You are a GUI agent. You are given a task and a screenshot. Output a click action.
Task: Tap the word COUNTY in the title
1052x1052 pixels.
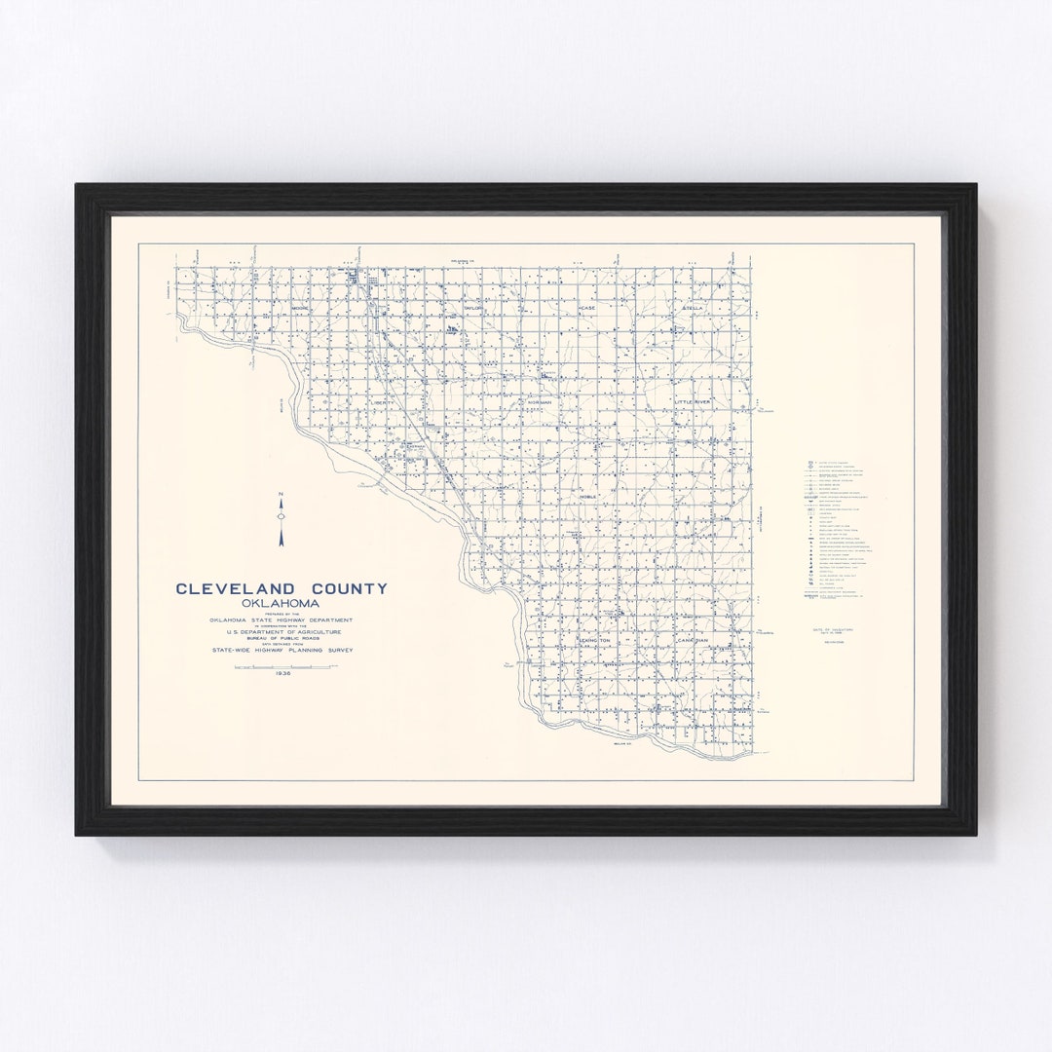click(349, 588)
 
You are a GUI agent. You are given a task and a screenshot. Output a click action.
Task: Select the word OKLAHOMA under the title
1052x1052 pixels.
click(281, 603)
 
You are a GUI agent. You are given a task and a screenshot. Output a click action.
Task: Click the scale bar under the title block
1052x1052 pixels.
click(285, 665)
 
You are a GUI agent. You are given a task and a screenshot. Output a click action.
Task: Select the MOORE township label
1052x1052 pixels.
click(299, 308)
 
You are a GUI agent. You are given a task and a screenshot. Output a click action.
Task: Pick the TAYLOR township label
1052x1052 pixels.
click(473, 308)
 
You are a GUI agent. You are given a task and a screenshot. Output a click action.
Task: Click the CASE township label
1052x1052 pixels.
click(586, 308)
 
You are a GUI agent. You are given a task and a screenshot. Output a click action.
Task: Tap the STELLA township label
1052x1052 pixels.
click(693, 308)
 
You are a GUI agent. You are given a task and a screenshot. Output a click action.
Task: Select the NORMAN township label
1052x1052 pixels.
click(540, 401)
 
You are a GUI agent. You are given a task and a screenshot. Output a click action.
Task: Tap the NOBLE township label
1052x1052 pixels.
click(587, 497)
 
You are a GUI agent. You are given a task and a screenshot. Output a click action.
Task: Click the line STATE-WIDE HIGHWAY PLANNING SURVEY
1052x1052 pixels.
click(282, 648)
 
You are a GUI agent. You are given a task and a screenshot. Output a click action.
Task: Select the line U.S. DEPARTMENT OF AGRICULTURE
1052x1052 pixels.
click(282, 631)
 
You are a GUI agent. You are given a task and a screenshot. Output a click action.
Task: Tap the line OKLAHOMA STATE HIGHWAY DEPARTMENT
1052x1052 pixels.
click(282, 620)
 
